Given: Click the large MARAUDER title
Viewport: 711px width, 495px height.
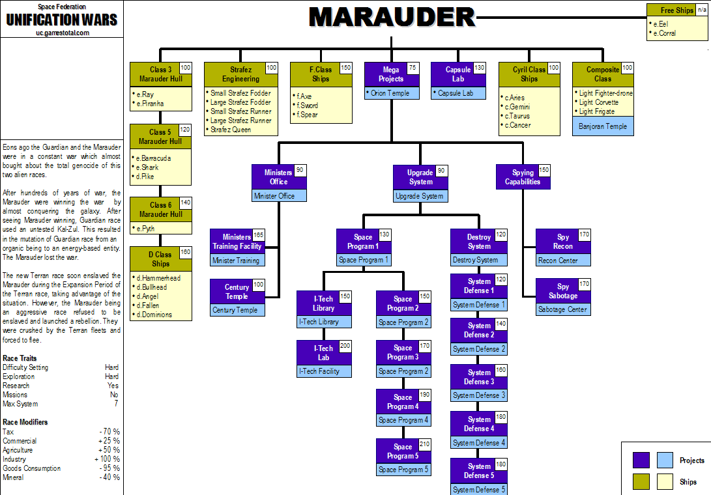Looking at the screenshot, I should (392, 17).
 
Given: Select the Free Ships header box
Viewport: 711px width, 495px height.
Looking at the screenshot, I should (676, 10).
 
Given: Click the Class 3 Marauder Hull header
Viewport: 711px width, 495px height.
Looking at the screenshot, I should (160, 74).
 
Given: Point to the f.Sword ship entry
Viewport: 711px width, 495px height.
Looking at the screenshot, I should (308, 105).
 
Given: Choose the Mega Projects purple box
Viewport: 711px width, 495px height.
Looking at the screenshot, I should (390, 74).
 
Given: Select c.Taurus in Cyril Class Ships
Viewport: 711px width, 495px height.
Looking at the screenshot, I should (517, 116).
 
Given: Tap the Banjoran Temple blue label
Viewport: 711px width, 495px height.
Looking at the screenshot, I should (602, 126).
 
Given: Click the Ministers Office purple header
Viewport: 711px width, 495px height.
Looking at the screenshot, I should (278, 177).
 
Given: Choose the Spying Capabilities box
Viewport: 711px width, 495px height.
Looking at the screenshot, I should (523, 177).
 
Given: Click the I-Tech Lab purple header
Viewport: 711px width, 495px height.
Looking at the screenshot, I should (323, 353).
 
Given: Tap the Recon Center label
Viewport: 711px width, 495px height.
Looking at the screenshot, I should (563, 261).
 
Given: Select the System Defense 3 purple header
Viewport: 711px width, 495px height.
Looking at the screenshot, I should (478, 377).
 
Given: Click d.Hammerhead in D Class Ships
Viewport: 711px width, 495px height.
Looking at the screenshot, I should (159, 278).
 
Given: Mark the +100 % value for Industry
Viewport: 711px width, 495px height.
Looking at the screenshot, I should (109, 459).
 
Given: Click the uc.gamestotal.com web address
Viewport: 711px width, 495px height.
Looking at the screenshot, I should (63, 32).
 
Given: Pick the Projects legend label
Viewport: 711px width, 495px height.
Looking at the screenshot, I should (691, 460).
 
